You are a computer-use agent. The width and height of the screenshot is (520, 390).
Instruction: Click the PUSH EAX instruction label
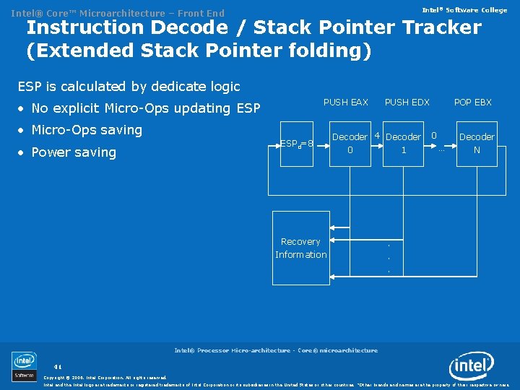(x=345, y=103)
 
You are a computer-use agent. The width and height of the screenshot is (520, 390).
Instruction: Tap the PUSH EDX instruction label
(x=407, y=103)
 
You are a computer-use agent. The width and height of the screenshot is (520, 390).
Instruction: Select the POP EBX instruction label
(x=472, y=103)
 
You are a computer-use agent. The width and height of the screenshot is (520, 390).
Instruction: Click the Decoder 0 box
(x=350, y=144)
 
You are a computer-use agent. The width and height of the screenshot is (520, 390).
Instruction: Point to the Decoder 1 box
(x=404, y=144)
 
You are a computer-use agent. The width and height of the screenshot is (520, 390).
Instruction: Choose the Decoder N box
(x=477, y=144)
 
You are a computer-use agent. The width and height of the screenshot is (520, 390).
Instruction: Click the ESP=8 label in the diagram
(x=296, y=144)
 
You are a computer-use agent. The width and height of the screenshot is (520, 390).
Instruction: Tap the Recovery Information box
(x=300, y=248)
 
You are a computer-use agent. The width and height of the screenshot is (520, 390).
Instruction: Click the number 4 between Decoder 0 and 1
(x=377, y=136)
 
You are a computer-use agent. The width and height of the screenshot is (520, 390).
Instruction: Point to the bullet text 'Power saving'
(x=74, y=152)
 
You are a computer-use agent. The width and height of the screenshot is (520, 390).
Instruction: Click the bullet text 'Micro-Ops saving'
(x=87, y=130)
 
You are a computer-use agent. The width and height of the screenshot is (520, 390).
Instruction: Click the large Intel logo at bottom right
(x=472, y=366)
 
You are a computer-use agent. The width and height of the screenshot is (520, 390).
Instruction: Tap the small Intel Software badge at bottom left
(x=24, y=366)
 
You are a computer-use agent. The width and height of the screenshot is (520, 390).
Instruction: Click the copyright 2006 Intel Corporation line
(x=105, y=377)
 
